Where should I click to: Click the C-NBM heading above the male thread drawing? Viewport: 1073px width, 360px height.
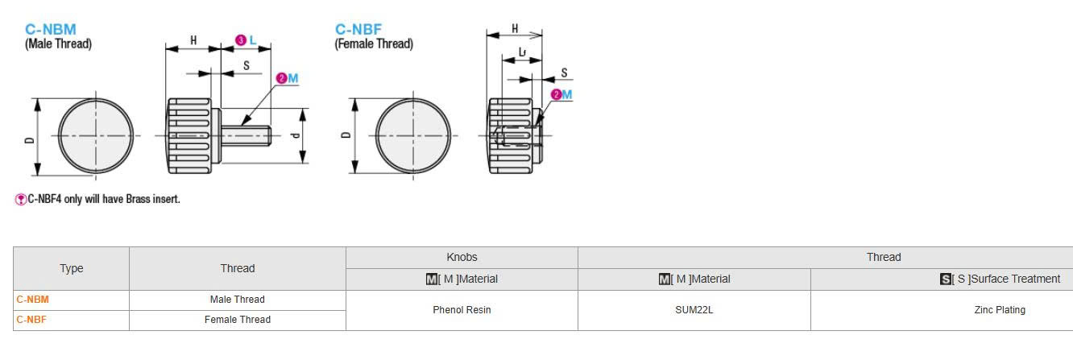(50, 29)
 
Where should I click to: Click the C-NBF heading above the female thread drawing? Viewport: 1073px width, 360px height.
(358, 29)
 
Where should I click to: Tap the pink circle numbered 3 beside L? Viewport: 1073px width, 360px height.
(241, 40)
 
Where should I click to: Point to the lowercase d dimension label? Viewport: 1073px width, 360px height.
(296, 135)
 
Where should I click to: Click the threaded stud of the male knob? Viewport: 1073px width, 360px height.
(246, 135)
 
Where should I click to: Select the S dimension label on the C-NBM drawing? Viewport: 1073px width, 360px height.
(246, 65)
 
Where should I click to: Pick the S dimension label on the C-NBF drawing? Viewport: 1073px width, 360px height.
(564, 72)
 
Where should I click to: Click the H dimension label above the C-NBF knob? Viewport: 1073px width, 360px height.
(515, 29)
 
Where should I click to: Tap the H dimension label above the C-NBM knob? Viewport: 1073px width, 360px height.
(193, 40)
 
